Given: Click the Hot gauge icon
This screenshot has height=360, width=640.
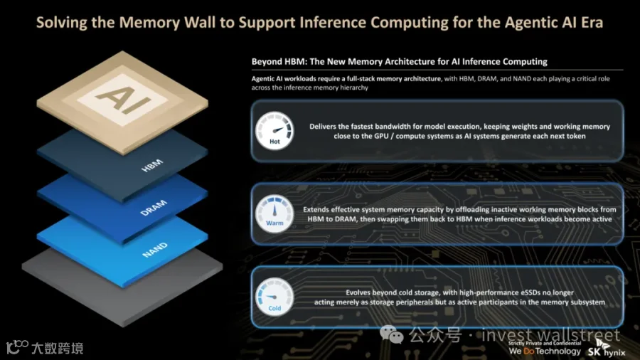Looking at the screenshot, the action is click(x=274, y=131).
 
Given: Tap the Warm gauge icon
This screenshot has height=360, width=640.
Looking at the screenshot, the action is click(x=274, y=214).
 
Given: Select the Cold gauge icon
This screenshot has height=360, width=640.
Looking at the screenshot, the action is click(x=274, y=297).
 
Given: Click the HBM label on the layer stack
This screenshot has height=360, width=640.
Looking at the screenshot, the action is click(x=152, y=165).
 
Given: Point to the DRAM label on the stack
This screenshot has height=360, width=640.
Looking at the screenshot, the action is click(x=154, y=207).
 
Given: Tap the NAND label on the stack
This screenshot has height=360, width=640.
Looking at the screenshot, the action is click(x=155, y=250).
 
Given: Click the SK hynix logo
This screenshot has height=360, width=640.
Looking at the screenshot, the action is click(x=607, y=349).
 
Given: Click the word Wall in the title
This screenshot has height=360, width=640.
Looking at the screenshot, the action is click(x=200, y=23).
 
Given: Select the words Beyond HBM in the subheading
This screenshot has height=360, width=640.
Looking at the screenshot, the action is click(x=278, y=62).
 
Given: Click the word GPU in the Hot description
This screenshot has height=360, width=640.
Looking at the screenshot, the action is click(x=382, y=136).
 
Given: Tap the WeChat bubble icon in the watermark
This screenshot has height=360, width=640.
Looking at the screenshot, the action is click(x=391, y=334).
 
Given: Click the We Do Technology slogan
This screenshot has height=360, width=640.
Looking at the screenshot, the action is click(x=545, y=351).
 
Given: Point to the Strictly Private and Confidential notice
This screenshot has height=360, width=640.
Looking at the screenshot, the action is click(x=545, y=343).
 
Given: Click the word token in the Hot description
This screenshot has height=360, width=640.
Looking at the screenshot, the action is click(x=575, y=136).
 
